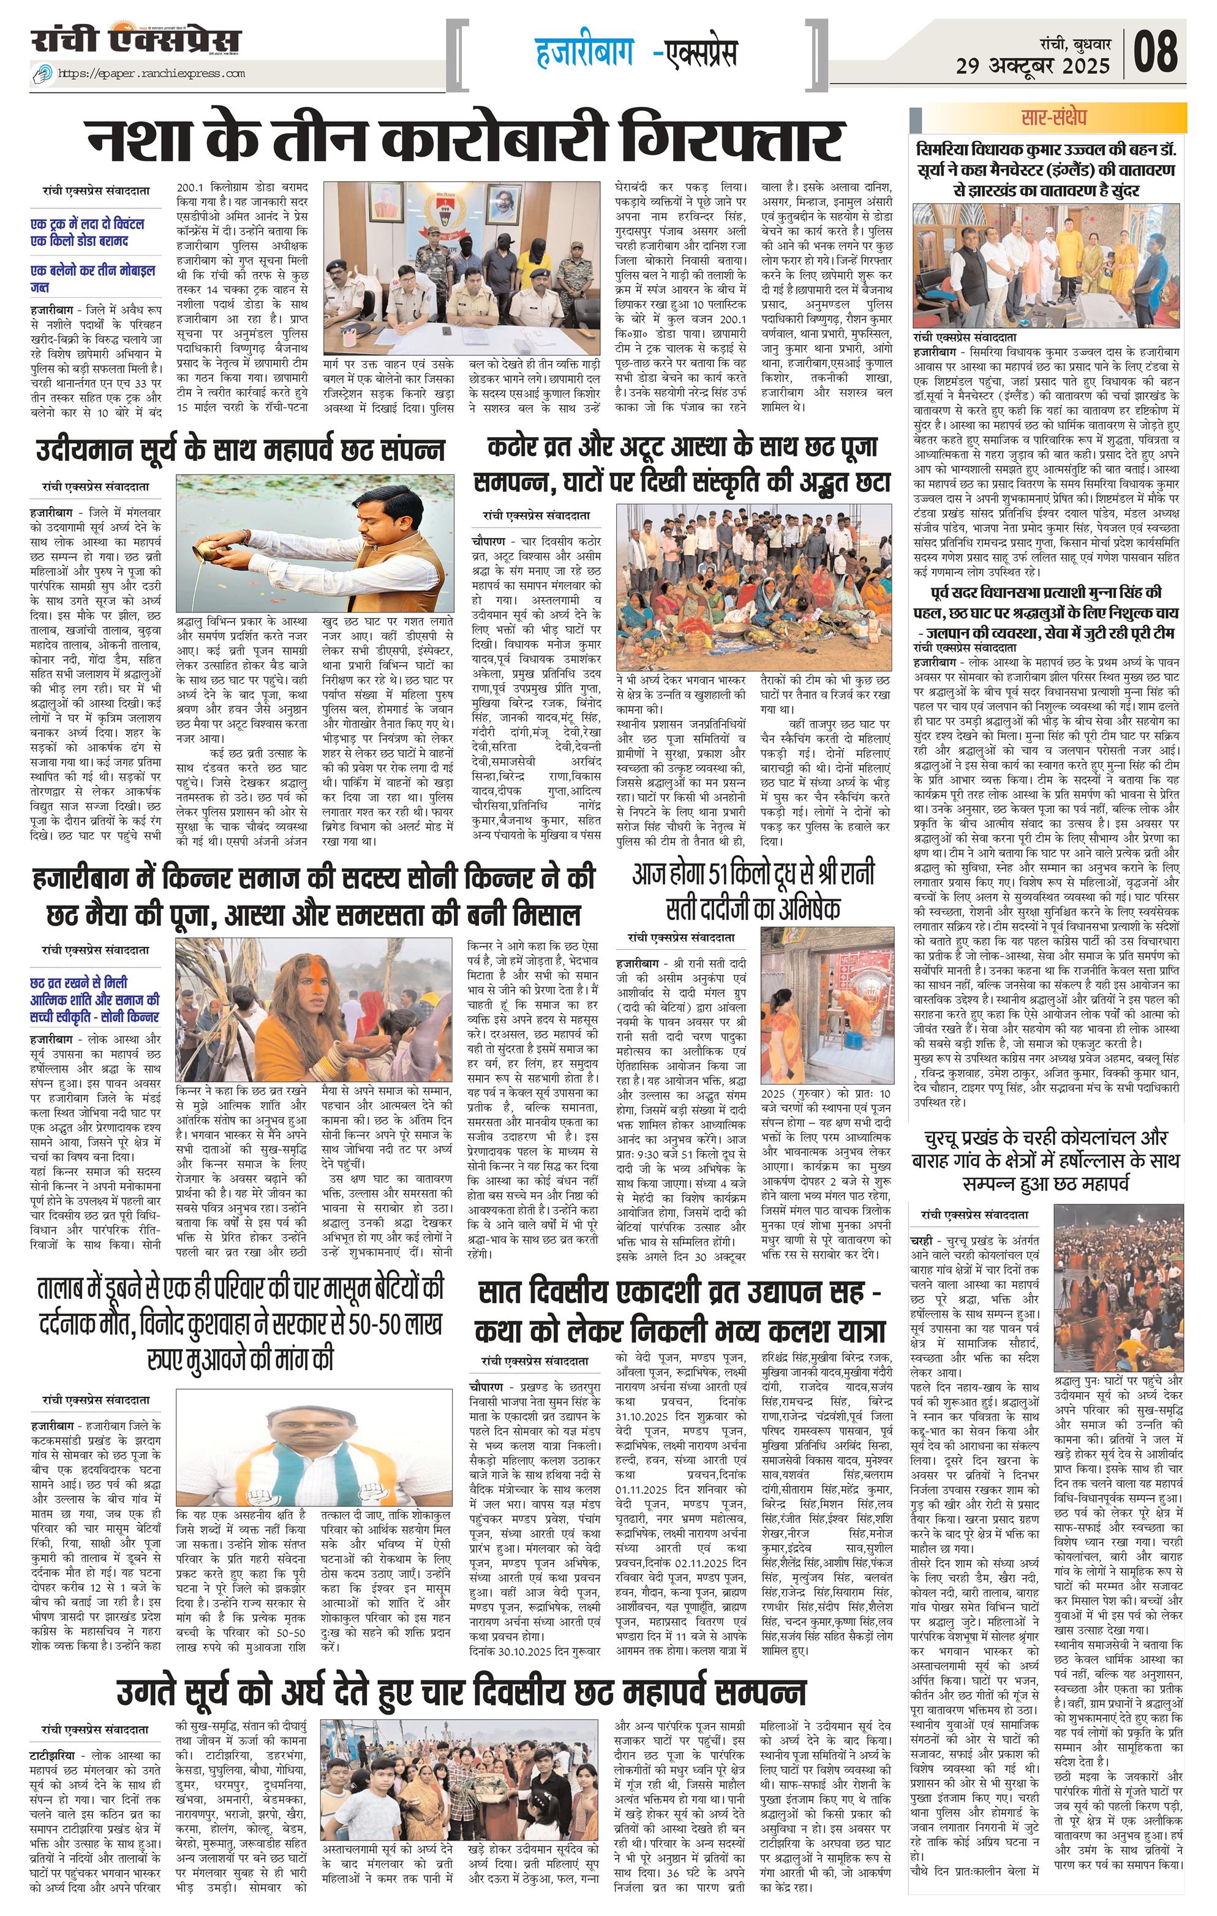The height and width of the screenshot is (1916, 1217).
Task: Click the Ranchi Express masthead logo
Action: coord(135,40)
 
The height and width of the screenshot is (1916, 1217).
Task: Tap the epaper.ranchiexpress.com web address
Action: coord(151,74)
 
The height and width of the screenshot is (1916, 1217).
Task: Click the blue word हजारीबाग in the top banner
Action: coord(584,53)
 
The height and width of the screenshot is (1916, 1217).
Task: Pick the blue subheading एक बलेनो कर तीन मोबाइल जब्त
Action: coord(92,279)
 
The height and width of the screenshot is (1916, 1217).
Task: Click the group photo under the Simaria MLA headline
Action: coord(1047,265)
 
